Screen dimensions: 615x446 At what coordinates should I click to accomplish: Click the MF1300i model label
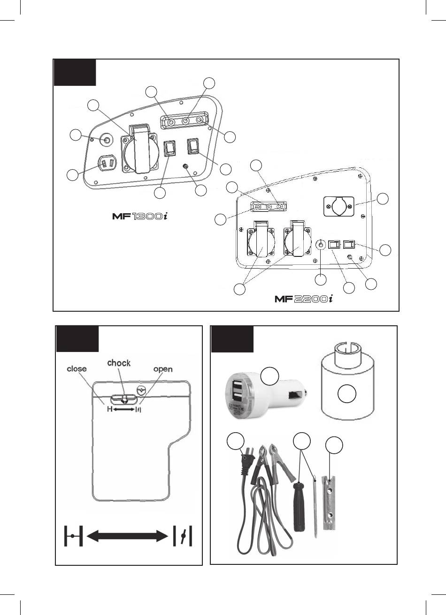(x=140, y=216)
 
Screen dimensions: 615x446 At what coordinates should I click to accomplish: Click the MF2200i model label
(x=304, y=299)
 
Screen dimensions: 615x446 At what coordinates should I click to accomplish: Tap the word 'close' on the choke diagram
(x=77, y=369)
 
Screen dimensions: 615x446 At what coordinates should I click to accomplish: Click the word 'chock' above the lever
(x=119, y=363)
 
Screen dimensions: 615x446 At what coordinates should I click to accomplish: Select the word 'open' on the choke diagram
(x=163, y=369)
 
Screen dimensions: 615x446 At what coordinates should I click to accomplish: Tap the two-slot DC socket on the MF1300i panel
(x=107, y=165)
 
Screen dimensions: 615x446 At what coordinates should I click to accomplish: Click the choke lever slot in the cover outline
(x=123, y=399)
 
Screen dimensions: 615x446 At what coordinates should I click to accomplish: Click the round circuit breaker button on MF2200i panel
(x=321, y=244)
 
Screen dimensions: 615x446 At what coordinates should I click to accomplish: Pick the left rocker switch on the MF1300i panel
(x=170, y=150)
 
